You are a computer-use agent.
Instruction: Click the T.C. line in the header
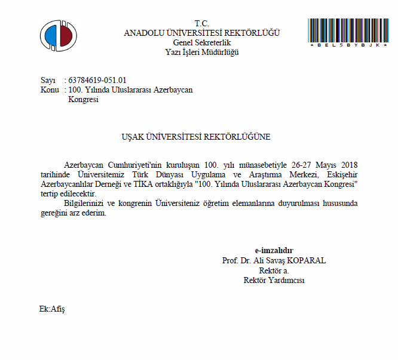pyautogui.click(x=201, y=23)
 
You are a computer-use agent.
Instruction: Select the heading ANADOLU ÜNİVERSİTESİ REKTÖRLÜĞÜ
pyautogui.click(x=201, y=33)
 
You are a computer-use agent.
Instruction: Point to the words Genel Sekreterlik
pyautogui.click(x=201, y=42)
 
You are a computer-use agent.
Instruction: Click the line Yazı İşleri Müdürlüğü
pyautogui.click(x=201, y=52)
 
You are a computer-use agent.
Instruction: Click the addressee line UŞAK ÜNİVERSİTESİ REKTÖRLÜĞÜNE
pyautogui.click(x=195, y=137)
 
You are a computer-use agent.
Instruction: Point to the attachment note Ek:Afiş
pyautogui.click(x=52, y=309)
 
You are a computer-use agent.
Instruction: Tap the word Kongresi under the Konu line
pyautogui.click(x=84, y=100)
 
